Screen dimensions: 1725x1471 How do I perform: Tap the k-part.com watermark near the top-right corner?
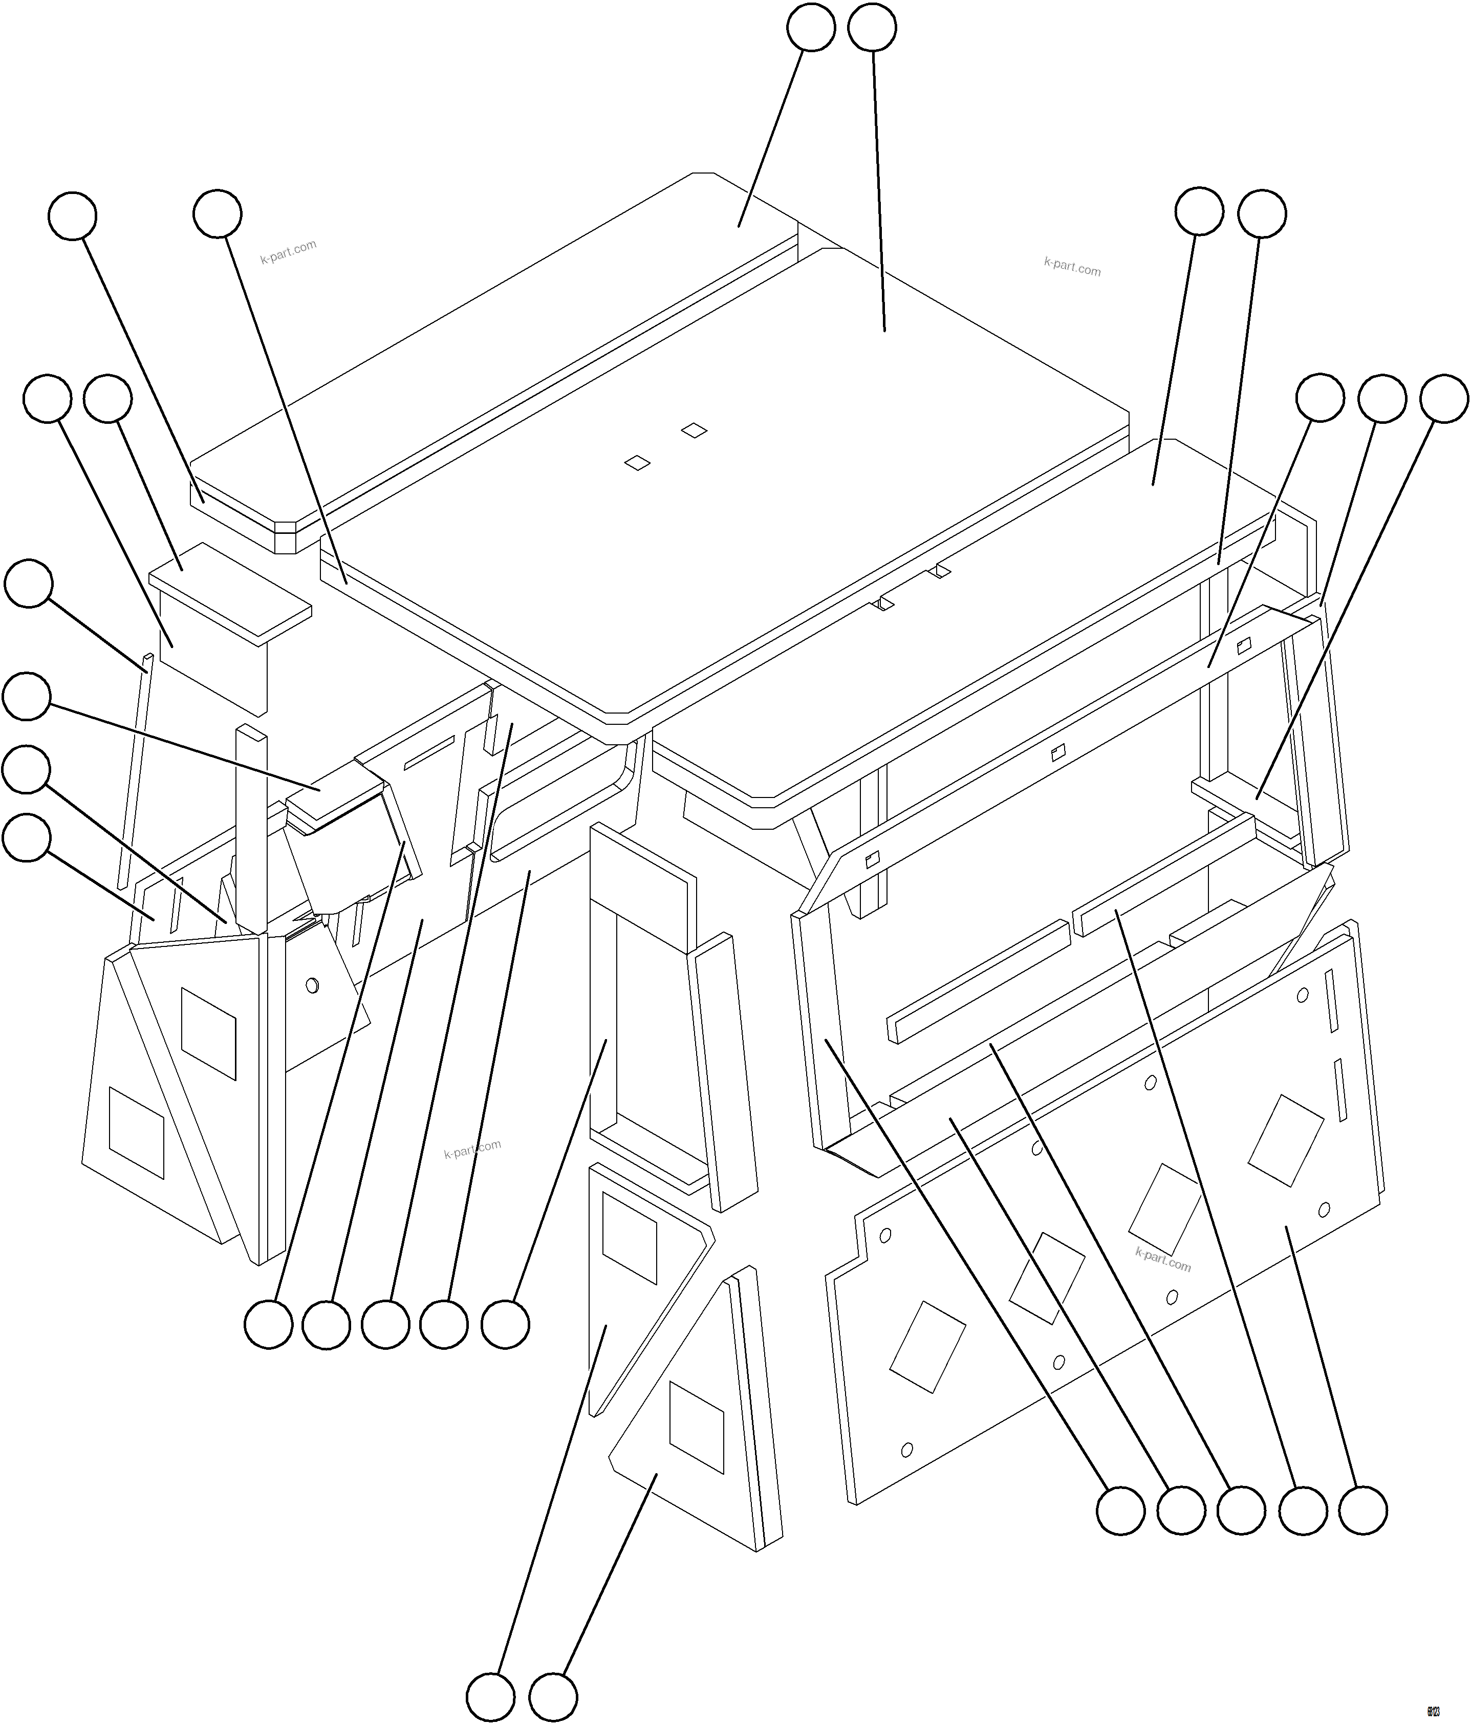pyautogui.click(x=1072, y=266)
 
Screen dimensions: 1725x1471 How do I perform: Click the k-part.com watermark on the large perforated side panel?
pyautogui.click(x=1163, y=1260)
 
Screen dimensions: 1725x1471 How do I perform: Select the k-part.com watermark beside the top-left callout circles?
pyautogui.click(x=288, y=251)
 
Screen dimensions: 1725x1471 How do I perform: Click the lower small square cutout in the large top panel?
pyautogui.click(x=637, y=463)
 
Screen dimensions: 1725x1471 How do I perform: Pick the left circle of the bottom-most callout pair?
pyautogui.click(x=490, y=1697)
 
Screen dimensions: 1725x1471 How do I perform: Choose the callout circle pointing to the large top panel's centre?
pyautogui.click(x=872, y=28)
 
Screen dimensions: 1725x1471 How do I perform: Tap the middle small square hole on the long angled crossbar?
pyautogui.click(x=1057, y=752)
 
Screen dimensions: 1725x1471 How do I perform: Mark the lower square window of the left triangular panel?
pyautogui.click(x=137, y=1133)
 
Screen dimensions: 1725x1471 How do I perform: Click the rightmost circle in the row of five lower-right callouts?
pyautogui.click(x=1363, y=1510)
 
